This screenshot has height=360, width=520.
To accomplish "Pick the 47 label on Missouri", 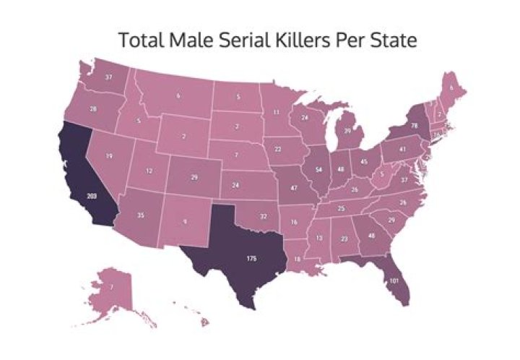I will [x=295, y=187].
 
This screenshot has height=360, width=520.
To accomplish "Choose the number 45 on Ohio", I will [x=365, y=161].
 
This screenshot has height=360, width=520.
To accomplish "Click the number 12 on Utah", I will [x=149, y=171].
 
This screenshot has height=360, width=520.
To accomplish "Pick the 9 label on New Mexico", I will [x=185, y=223].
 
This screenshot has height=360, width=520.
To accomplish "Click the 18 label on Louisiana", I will [x=298, y=258].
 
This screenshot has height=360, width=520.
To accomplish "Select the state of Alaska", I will [x=113, y=289].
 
